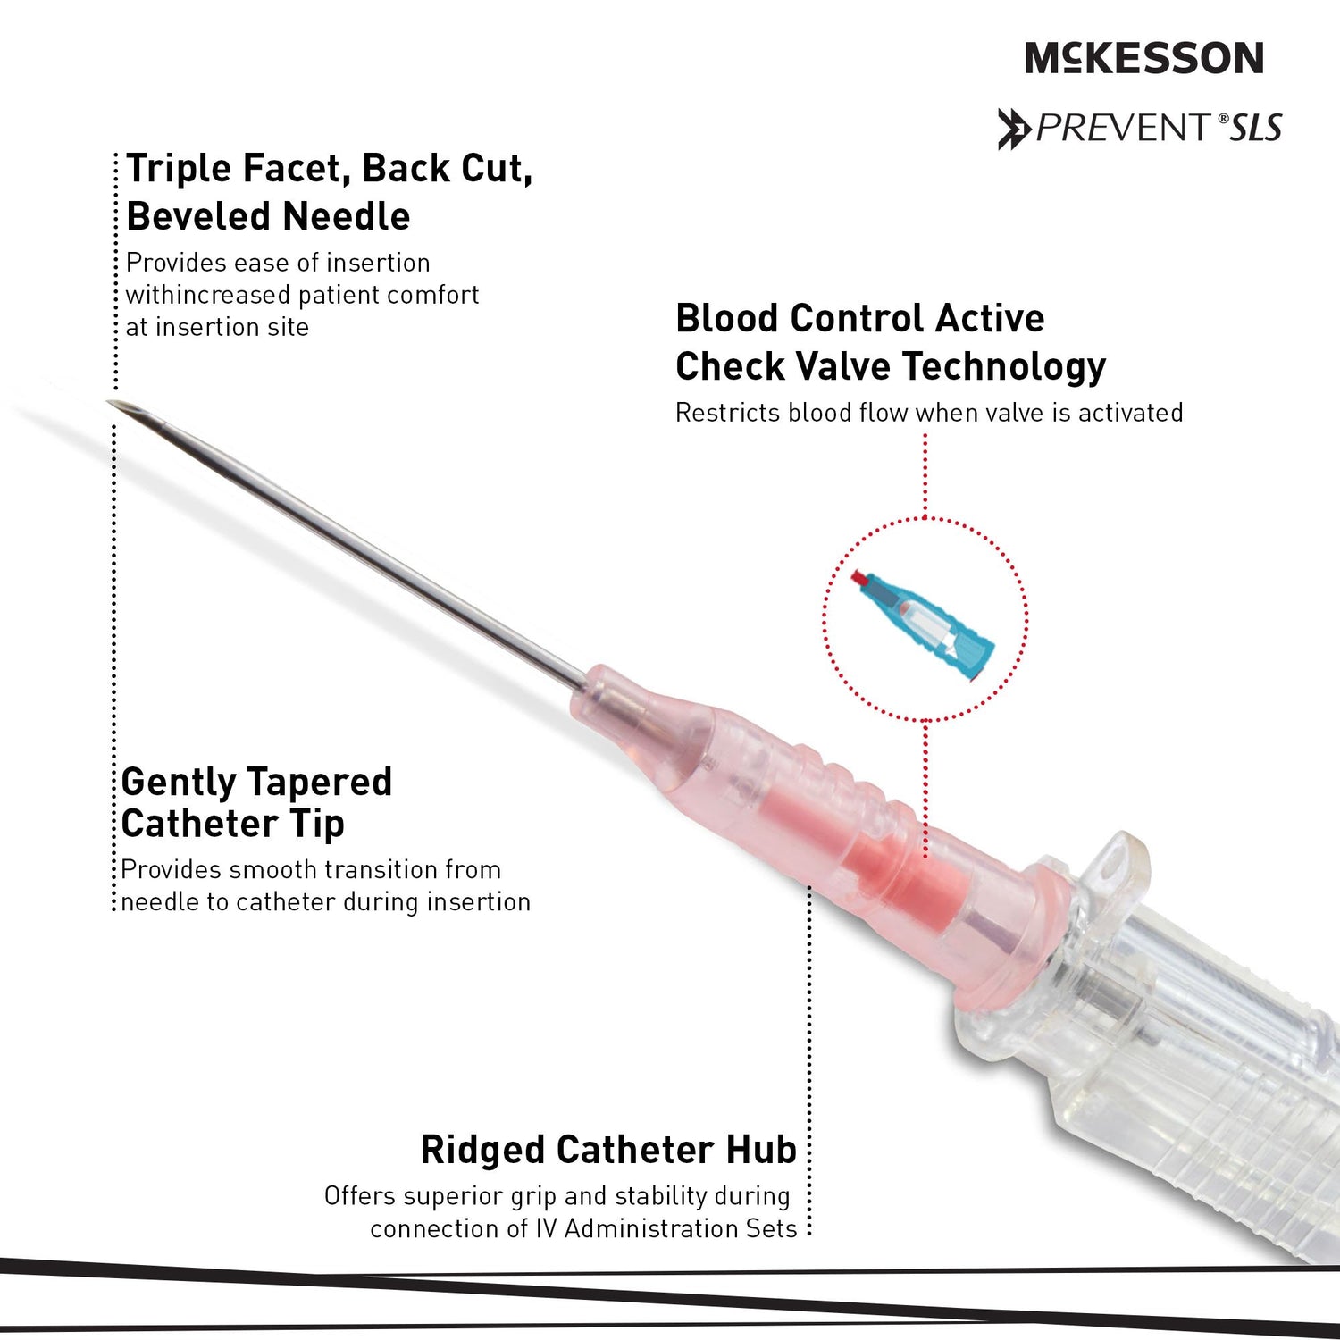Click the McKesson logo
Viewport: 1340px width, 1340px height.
click(1143, 58)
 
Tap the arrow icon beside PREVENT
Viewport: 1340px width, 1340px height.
click(1014, 129)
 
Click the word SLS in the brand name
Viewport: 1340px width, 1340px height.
click(1256, 129)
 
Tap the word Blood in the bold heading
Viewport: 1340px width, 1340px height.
click(724, 319)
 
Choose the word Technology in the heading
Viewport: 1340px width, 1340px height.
click(1004, 367)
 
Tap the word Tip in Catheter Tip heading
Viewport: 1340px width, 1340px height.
click(317, 825)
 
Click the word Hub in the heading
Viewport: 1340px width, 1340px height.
click(760, 1151)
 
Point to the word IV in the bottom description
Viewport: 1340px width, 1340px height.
click(546, 1229)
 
